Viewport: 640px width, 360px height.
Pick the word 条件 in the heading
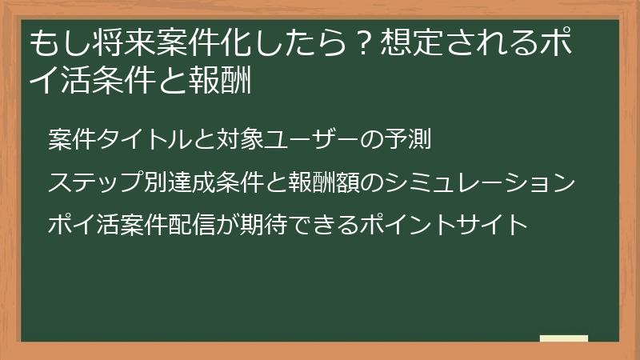[139, 81]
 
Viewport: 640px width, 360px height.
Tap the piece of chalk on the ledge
[564, 338]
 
